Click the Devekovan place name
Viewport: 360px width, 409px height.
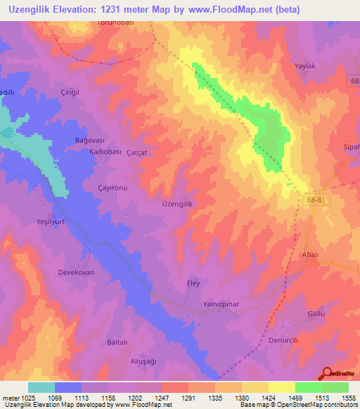75,271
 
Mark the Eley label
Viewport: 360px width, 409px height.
193,283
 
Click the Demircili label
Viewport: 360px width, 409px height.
284,340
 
